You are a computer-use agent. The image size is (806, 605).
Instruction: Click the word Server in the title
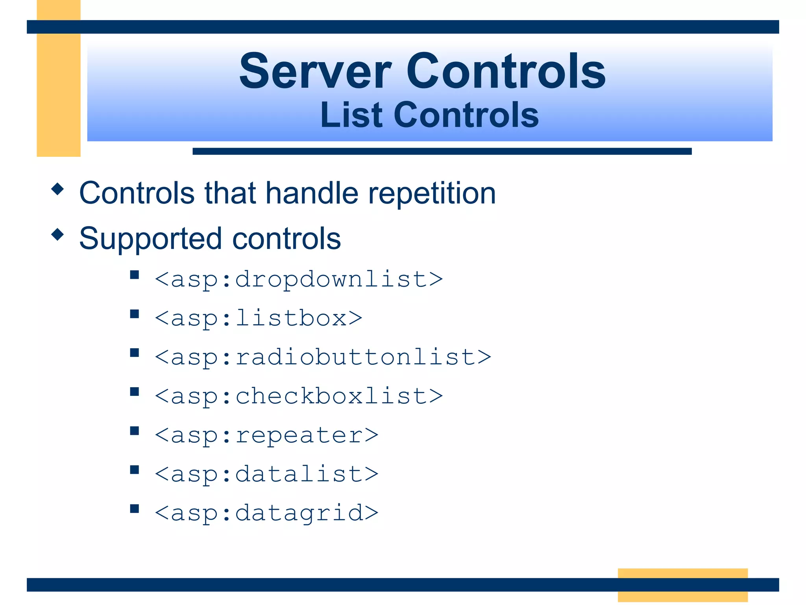pyautogui.click(x=315, y=72)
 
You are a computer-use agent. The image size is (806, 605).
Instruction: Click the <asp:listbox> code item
pyautogui.click(x=259, y=318)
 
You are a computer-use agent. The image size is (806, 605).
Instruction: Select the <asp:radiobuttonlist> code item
pyautogui.click(x=323, y=357)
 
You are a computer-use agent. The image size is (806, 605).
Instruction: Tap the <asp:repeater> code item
pyautogui.click(x=266, y=435)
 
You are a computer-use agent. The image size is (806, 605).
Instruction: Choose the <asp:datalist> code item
pyautogui.click(x=266, y=473)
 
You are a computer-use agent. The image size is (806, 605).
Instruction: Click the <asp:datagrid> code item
pyautogui.click(x=266, y=512)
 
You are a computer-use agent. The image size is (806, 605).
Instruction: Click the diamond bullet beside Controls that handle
pyautogui.click(x=58, y=189)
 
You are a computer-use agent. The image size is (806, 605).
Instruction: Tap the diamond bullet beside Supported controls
pyautogui.click(x=58, y=235)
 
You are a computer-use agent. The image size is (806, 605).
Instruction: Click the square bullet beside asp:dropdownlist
pyautogui.click(x=135, y=275)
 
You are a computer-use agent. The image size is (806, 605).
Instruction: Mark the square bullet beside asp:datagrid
pyautogui.click(x=135, y=508)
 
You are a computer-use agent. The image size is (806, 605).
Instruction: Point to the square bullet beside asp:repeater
pyautogui.click(x=135, y=431)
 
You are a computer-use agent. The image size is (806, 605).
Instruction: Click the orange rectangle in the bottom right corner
pyautogui.click(x=682, y=585)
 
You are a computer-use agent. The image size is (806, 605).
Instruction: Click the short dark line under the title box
pyautogui.click(x=442, y=151)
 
